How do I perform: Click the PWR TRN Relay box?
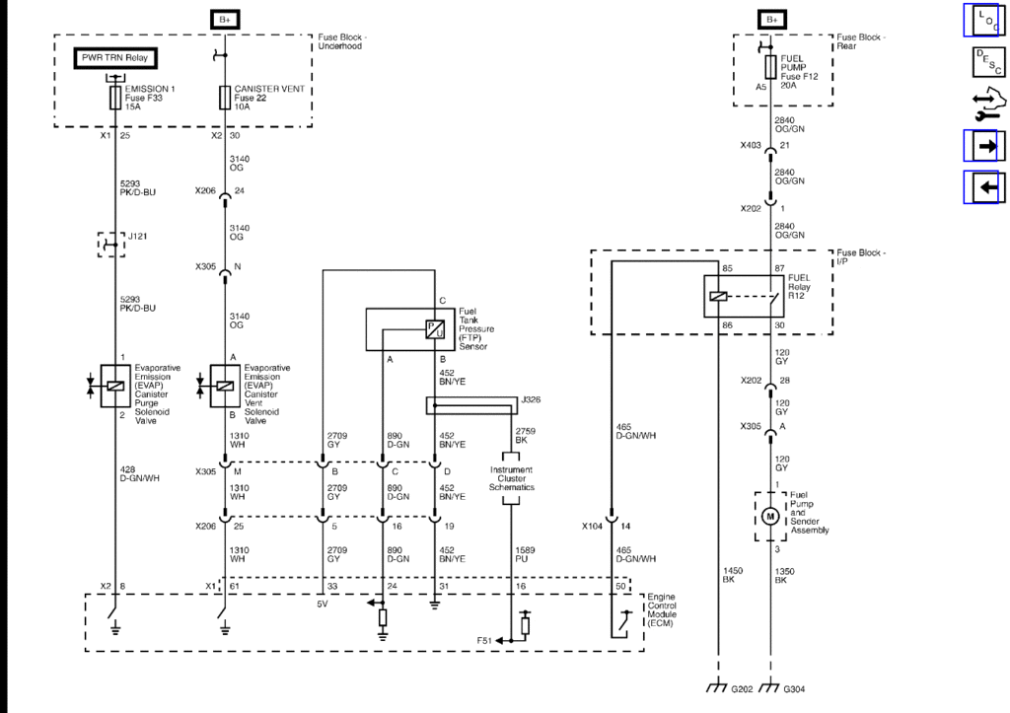coord(114,58)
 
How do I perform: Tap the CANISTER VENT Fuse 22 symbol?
coord(225,98)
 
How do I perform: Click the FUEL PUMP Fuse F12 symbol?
coord(770,67)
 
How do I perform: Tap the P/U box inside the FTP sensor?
coord(434,329)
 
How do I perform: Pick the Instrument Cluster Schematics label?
coord(511,480)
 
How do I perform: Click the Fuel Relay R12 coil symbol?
coord(717,295)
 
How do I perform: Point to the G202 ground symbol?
coord(718,687)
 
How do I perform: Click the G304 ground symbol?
coord(770,687)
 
